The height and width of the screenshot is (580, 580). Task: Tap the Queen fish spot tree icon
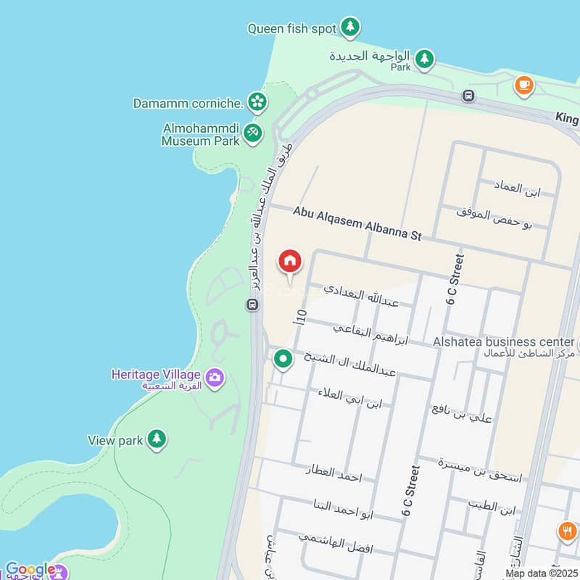[351, 28]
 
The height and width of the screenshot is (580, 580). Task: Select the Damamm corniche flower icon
[256, 102]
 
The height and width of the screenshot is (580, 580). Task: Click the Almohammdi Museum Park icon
[252, 133]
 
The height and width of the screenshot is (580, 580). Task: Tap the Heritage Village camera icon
[215, 377]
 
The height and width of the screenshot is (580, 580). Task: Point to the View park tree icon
[157, 439]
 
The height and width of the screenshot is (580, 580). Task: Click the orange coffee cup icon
[523, 85]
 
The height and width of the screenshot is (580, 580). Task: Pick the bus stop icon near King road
[469, 95]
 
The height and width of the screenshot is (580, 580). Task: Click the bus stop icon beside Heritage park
[252, 304]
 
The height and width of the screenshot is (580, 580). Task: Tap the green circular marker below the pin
[283, 358]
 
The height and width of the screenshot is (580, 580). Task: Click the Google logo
[29, 570]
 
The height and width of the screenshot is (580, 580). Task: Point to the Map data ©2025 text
[541, 573]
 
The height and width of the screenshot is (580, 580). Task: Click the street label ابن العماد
[519, 190]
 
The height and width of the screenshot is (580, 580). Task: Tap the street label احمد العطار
[333, 471]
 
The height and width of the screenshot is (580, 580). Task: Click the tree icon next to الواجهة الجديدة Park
[424, 58]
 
